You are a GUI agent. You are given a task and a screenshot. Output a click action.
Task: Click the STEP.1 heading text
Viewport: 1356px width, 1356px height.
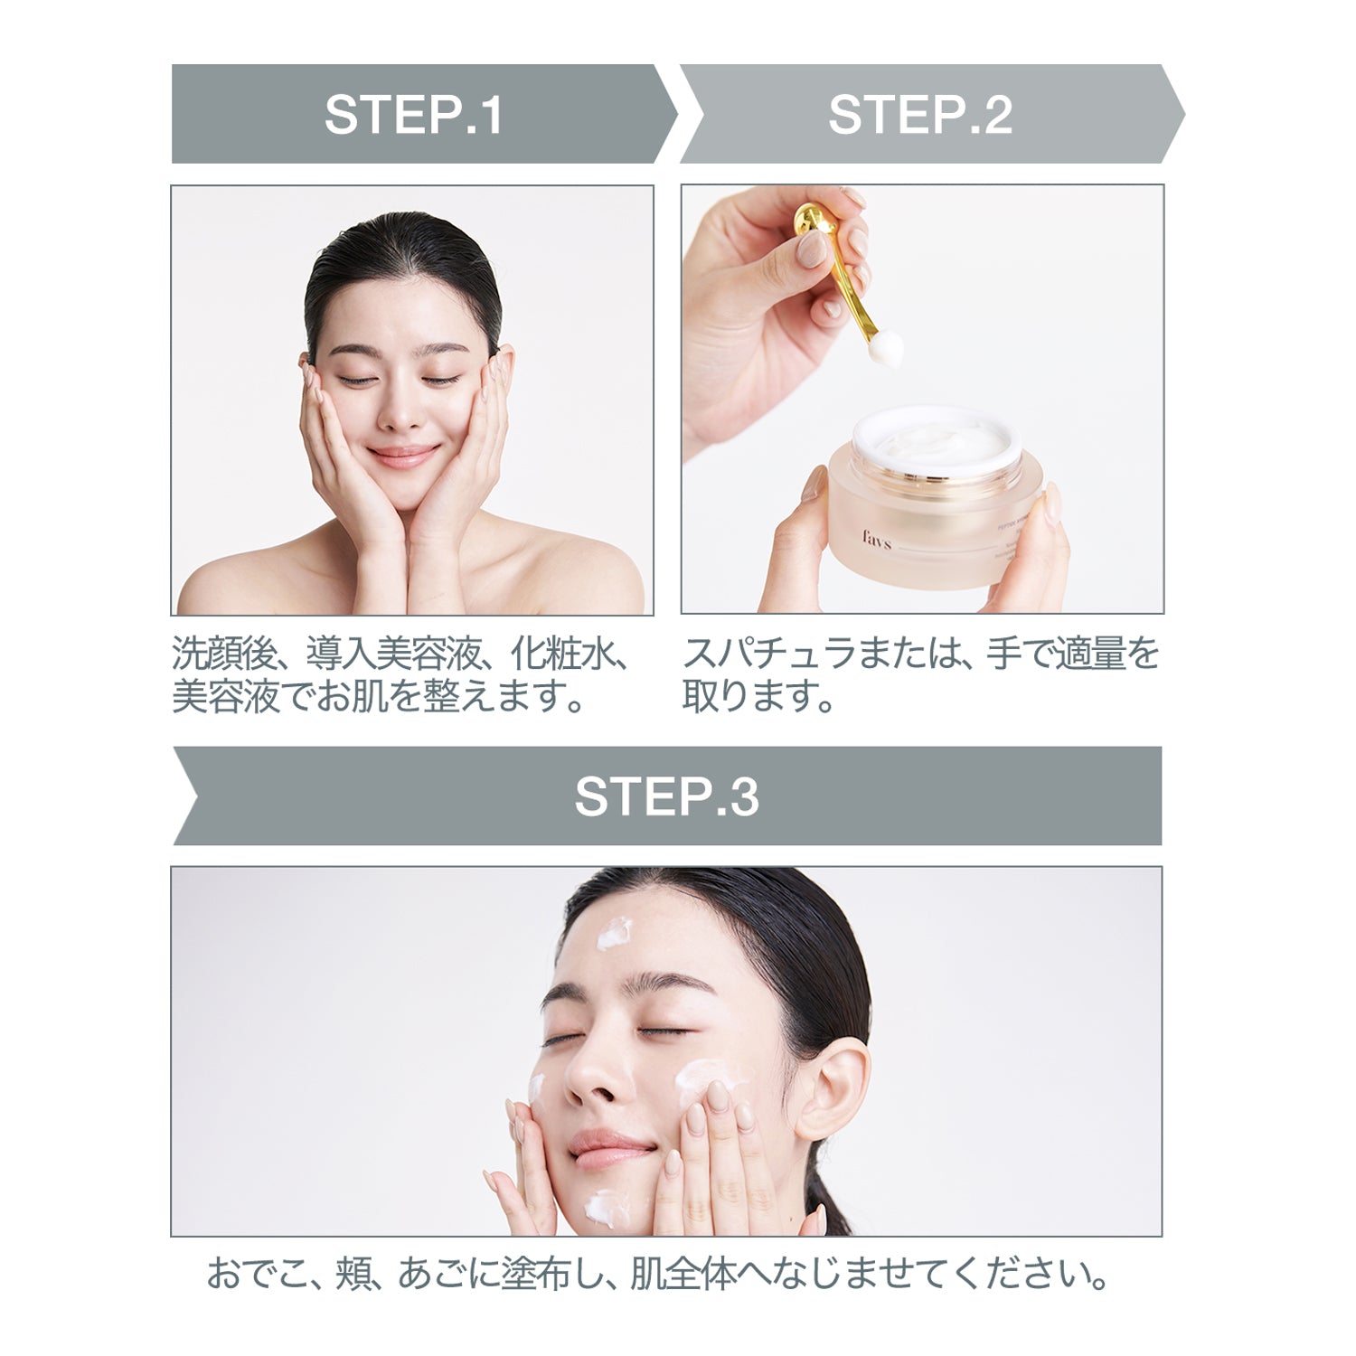point(413,115)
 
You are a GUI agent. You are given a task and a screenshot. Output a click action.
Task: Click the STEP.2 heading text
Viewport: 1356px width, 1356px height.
point(919,115)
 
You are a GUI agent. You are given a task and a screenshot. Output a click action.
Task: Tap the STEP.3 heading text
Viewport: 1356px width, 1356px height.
point(666,796)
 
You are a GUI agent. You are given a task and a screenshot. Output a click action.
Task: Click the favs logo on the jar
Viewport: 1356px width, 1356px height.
point(876,542)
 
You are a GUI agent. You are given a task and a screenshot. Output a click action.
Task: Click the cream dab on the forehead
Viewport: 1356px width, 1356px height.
point(616,933)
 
